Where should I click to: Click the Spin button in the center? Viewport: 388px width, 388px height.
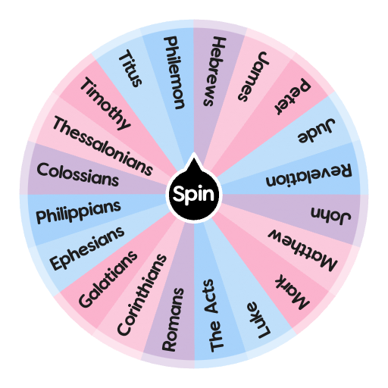194,194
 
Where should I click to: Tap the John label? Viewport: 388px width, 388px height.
331,214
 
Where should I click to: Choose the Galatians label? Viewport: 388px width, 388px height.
108,278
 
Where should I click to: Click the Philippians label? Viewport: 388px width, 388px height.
79,212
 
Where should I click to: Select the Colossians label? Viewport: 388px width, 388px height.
78,174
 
